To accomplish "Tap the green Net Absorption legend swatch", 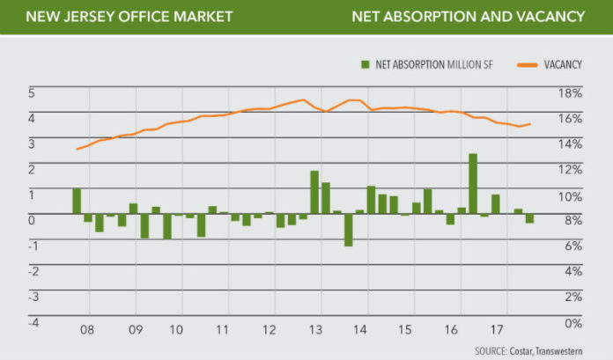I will pyautogui.click(x=363, y=64).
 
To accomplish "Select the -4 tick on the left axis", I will pyautogui.click(x=33, y=322).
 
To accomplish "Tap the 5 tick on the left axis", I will pyautogui.click(x=33, y=92).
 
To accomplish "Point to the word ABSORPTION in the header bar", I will pyautogui.click(x=424, y=17).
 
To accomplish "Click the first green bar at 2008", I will pyautogui.click(x=77, y=202).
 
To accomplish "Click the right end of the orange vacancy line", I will pyautogui.click(x=530, y=124).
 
